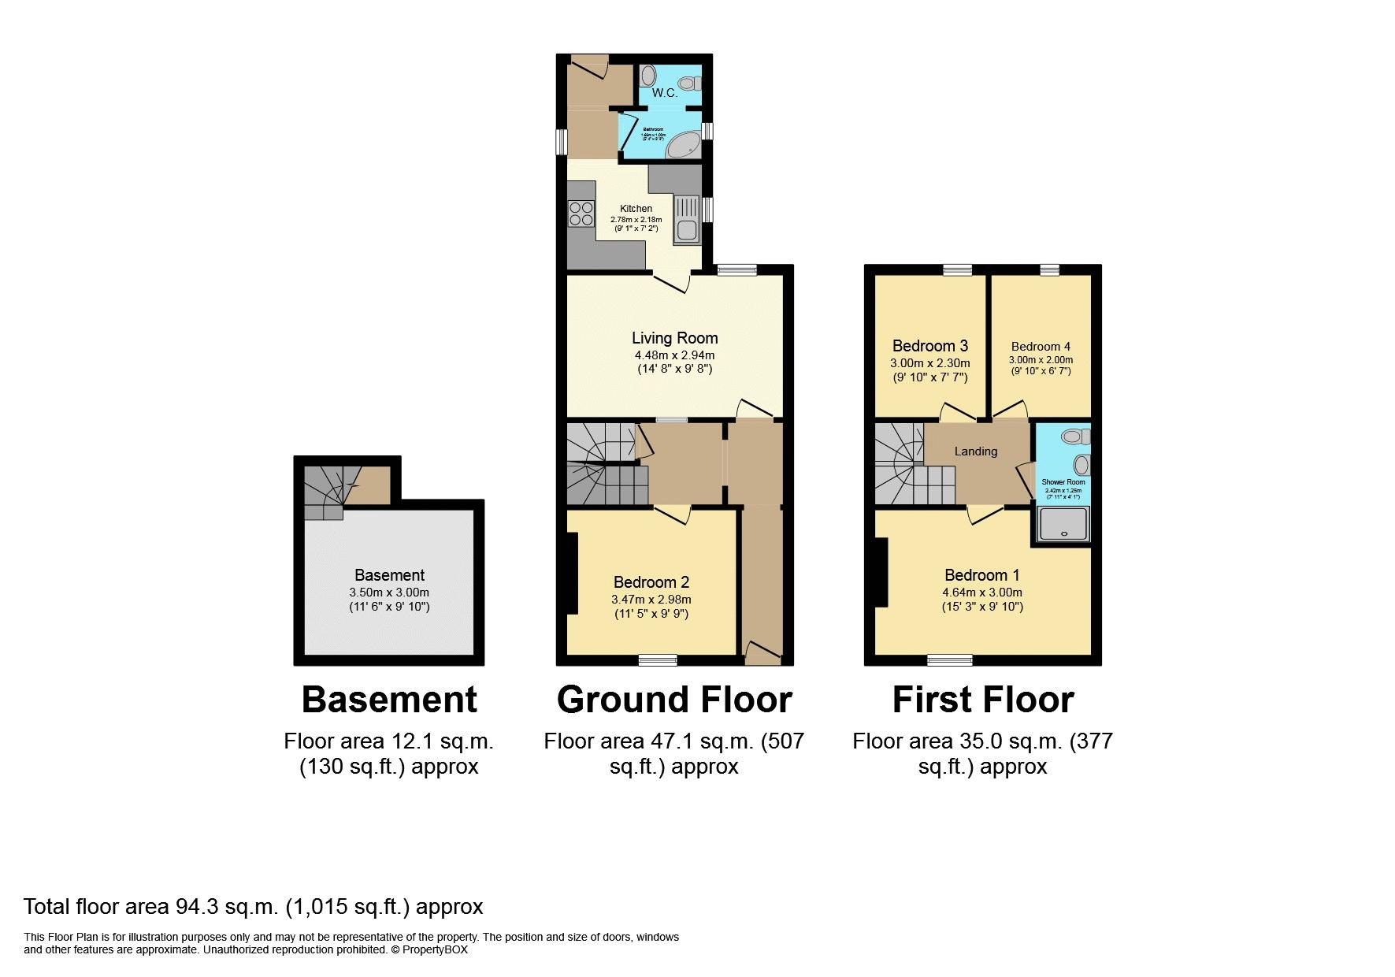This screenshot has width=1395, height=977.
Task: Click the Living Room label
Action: tap(674, 338)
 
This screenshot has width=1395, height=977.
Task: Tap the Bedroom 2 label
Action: tap(651, 582)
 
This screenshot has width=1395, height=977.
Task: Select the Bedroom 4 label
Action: tap(1041, 347)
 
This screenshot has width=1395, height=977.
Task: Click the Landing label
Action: tap(976, 451)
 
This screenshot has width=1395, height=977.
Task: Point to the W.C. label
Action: tap(665, 93)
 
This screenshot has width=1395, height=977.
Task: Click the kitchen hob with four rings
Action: tap(581, 214)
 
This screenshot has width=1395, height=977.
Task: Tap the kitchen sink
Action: tap(685, 231)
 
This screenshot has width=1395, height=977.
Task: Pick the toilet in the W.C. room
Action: tap(691, 82)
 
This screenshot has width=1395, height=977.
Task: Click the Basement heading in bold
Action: tap(389, 700)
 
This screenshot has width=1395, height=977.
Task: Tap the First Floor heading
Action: tap(982, 700)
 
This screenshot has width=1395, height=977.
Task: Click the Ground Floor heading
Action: tap(674, 700)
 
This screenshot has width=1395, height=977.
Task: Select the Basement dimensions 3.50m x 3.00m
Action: tap(389, 593)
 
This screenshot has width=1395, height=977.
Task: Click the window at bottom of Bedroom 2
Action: tap(658, 659)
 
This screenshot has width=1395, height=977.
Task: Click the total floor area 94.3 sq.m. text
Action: tap(253, 907)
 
